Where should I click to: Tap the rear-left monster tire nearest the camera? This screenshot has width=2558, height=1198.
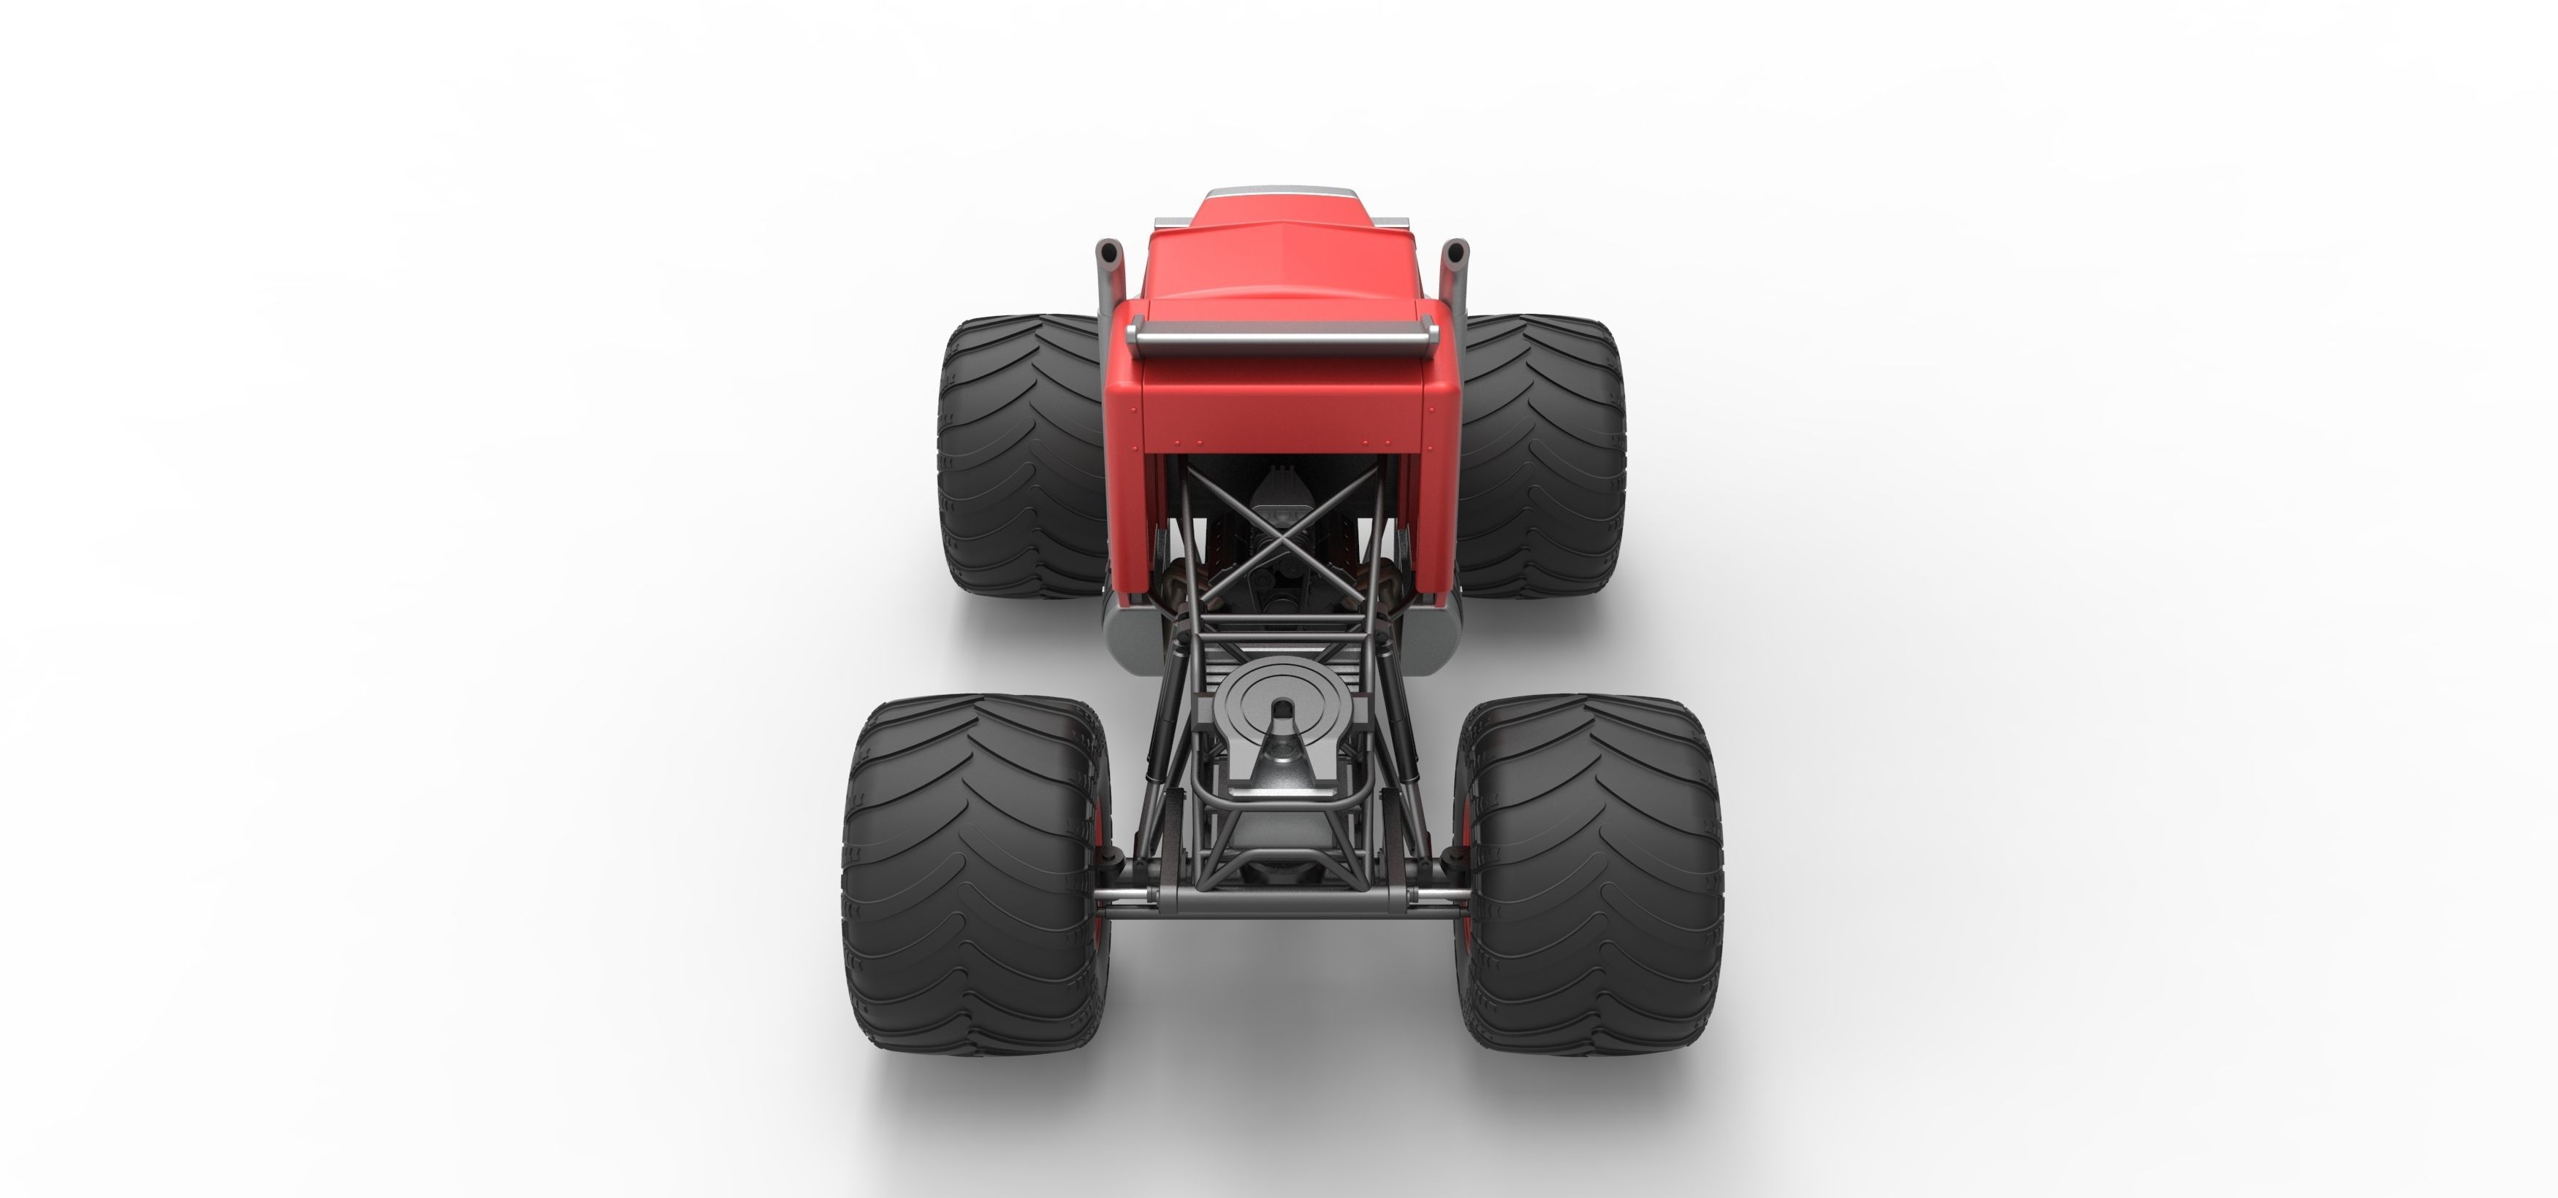pos(975,873)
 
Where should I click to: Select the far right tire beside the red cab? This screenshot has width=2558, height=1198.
pos(1539,456)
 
